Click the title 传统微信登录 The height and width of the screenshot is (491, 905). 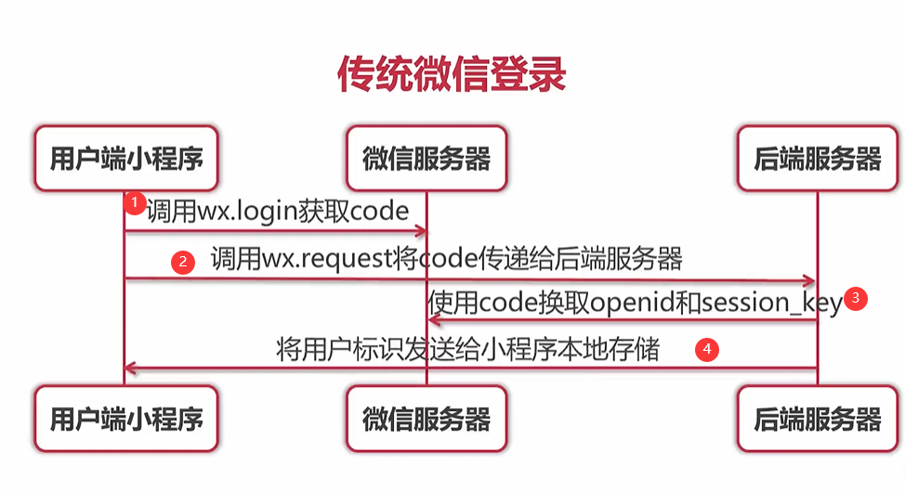[451, 75]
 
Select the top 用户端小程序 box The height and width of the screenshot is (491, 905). [125, 159]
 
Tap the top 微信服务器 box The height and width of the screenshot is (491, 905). [426, 159]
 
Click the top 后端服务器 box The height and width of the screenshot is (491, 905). [817, 159]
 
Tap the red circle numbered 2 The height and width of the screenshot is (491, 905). [183, 263]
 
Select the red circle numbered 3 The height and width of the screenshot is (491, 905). [857, 299]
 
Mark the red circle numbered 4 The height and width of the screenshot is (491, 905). [708, 350]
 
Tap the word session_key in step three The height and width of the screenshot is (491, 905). [772, 303]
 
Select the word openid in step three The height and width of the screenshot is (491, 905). [629, 303]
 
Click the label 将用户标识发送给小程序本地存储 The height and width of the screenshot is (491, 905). [468, 350]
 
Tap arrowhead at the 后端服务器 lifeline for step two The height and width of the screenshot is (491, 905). [810, 280]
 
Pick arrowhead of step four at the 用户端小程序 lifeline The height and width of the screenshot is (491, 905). [131, 369]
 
